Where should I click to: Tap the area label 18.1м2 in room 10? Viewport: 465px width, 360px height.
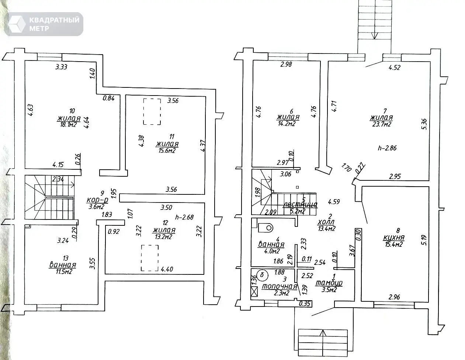[x=69, y=125]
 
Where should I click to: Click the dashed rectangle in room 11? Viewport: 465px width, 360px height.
[x=152, y=111]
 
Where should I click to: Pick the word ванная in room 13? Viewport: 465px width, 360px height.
[x=63, y=265]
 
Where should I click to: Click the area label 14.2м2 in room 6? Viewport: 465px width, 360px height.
[x=288, y=124]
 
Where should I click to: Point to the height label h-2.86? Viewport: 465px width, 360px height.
[x=387, y=148]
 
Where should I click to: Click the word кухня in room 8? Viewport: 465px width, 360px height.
[x=394, y=238]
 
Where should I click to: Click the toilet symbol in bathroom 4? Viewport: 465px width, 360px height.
[x=265, y=228]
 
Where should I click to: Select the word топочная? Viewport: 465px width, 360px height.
[x=280, y=286]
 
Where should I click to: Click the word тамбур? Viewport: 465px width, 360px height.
[x=329, y=283]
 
